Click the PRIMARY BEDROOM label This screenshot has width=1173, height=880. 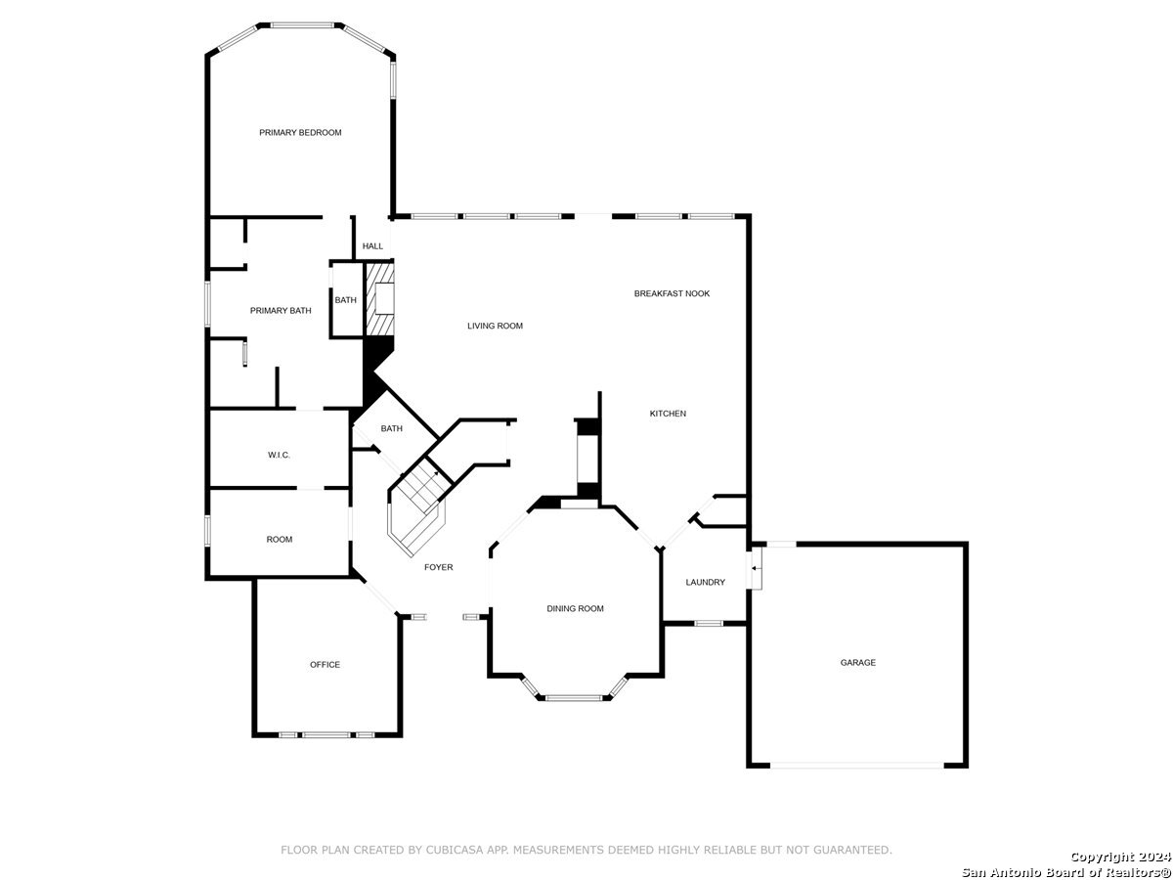[x=300, y=133]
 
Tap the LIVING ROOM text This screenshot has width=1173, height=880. [x=495, y=326]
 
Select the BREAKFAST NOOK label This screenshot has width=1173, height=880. [x=672, y=293]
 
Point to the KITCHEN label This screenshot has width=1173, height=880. [x=668, y=413]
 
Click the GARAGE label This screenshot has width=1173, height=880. [x=857, y=662]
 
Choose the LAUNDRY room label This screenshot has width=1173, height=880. [x=705, y=582]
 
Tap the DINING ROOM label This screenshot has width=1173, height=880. [x=575, y=608]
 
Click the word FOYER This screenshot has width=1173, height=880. [x=438, y=567]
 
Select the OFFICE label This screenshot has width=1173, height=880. [x=325, y=664]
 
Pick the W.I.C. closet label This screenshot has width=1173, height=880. [x=279, y=455]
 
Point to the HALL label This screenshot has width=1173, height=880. [x=372, y=245]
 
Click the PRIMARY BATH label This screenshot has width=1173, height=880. [x=281, y=310]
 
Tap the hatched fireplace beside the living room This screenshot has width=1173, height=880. [x=379, y=298]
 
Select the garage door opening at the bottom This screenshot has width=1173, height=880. [x=856, y=766]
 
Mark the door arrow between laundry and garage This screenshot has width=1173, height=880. [x=755, y=568]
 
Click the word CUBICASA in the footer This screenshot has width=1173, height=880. [x=455, y=850]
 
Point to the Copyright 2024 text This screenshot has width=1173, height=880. [x=1120, y=858]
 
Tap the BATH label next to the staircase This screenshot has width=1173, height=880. [x=391, y=428]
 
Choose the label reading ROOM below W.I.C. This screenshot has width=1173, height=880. [x=279, y=539]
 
